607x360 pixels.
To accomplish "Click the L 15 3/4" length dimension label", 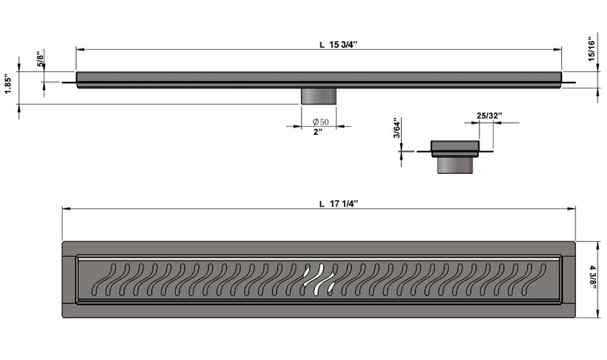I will [338, 44].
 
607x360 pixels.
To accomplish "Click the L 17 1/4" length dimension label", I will [338, 204].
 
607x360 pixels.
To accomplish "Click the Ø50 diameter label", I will [320, 122].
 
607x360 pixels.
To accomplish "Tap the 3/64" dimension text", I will [396, 129].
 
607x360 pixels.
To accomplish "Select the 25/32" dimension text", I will [489, 116].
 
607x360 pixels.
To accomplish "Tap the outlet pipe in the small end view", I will [455, 165].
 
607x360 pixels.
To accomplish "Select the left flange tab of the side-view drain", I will [69, 82].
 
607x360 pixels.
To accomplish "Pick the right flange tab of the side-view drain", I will [568, 82].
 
